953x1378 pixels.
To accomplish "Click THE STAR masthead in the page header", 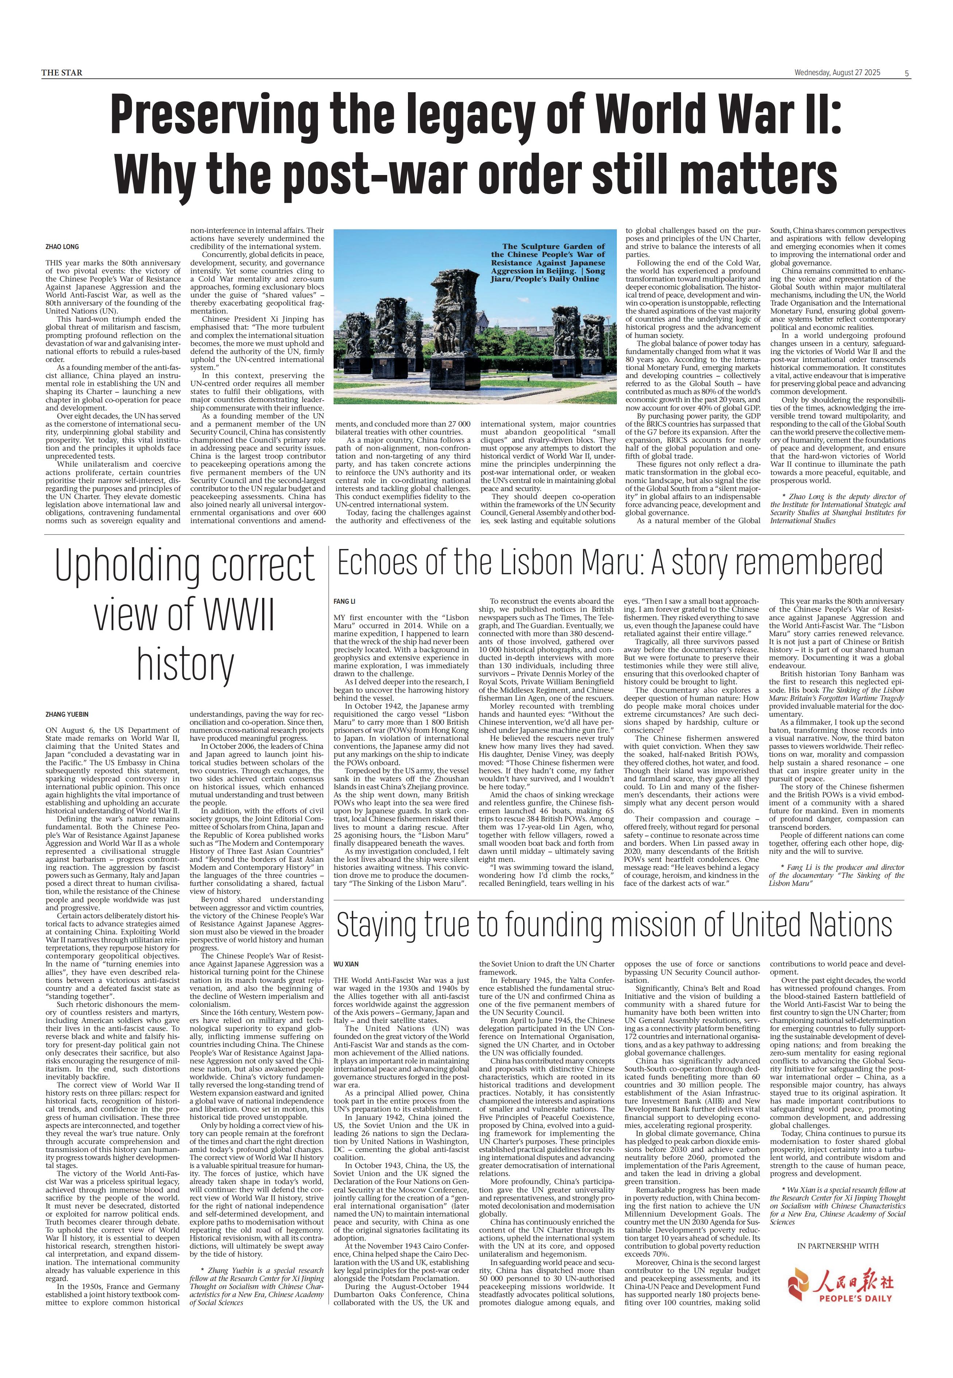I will click(x=62, y=73).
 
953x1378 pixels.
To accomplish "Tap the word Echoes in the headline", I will click(x=377, y=563).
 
